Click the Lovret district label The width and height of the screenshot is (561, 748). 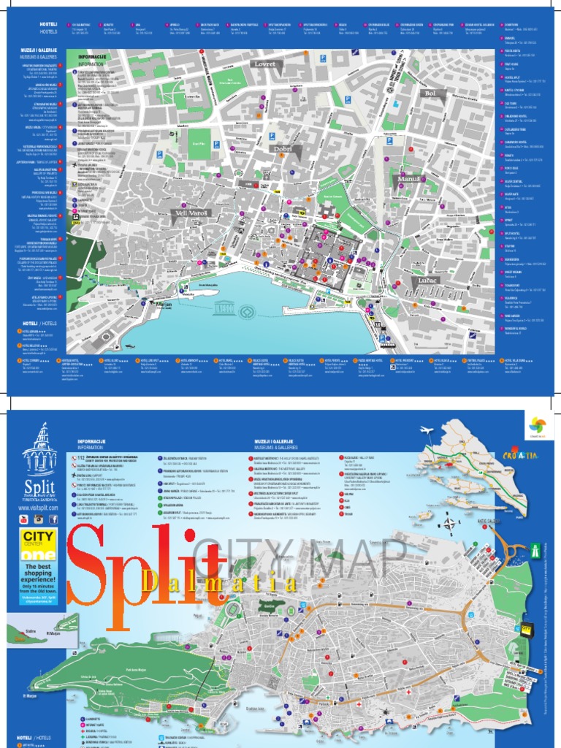[x=264, y=64]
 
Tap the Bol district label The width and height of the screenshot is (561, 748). [x=430, y=93]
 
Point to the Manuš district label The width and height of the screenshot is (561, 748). [x=408, y=179]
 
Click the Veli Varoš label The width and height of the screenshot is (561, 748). [x=192, y=213]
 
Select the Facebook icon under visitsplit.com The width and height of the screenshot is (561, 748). [x=53, y=519]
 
